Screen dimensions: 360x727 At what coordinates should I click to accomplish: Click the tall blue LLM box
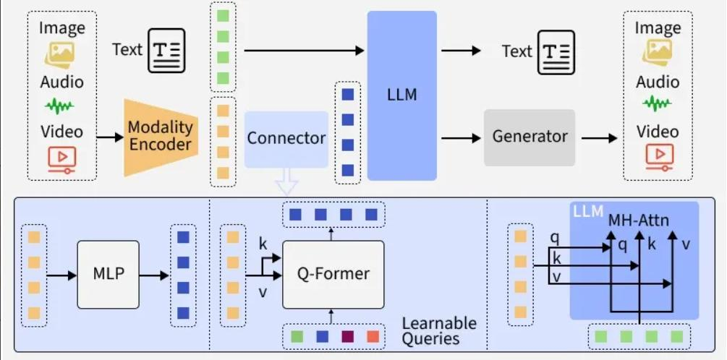click(401, 95)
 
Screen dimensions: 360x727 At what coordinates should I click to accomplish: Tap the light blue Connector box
click(286, 138)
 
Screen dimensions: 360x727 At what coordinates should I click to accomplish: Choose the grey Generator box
click(530, 137)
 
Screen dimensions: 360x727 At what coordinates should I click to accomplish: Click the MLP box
click(108, 275)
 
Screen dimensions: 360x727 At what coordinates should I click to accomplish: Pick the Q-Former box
click(333, 275)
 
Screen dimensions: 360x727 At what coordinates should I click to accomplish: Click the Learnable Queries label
click(439, 330)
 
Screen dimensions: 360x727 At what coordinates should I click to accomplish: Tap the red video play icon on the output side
click(658, 155)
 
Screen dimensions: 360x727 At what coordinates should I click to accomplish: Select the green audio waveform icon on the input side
click(61, 107)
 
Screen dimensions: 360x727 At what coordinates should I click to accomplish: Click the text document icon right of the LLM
click(555, 51)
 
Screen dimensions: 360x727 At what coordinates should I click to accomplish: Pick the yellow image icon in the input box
click(61, 53)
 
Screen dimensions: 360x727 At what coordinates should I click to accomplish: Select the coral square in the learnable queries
click(371, 336)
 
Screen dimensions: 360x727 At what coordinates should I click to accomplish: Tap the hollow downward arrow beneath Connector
click(287, 181)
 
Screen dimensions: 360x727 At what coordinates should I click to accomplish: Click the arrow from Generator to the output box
click(598, 137)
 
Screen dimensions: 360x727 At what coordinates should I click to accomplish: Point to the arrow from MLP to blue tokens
click(153, 275)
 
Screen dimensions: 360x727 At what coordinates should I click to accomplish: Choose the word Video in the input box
click(61, 132)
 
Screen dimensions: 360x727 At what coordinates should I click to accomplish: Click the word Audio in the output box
click(658, 82)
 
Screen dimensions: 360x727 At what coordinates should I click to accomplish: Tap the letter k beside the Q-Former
click(263, 244)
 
